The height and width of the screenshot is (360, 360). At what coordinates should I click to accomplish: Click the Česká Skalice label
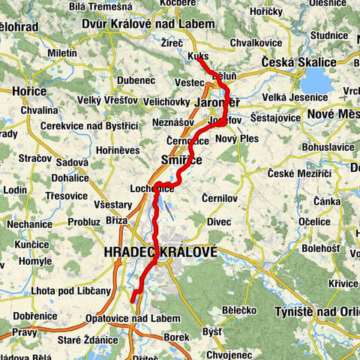pyautogui.click(x=295, y=62)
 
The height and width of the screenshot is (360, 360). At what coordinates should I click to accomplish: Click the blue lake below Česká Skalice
pyautogui.click(x=319, y=79)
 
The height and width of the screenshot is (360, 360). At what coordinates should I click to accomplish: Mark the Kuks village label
pyautogui.click(x=199, y=56)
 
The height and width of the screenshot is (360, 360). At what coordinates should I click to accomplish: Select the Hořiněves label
pyautogui.click(x=140, y=150)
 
